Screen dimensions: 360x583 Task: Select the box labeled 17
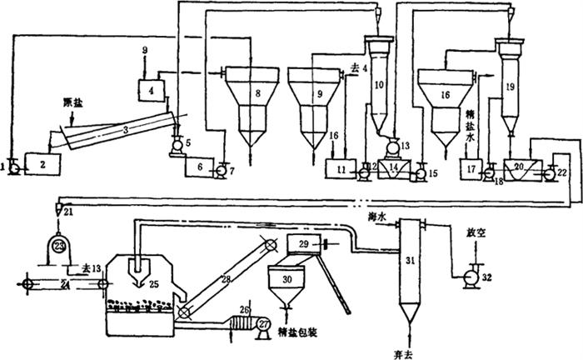click(x=472, y=170)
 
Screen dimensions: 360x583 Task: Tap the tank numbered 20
click(x=521, y=167)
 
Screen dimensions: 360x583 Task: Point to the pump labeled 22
click(x=550, y=172)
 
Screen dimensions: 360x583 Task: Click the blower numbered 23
click(x=59, y=247)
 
